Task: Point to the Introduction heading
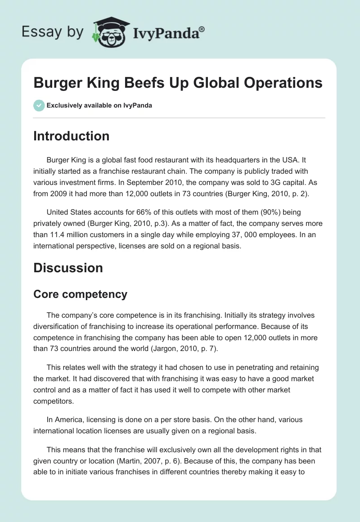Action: [71, 136]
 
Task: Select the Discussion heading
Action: [68, 268]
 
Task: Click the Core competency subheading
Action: [80, 294]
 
